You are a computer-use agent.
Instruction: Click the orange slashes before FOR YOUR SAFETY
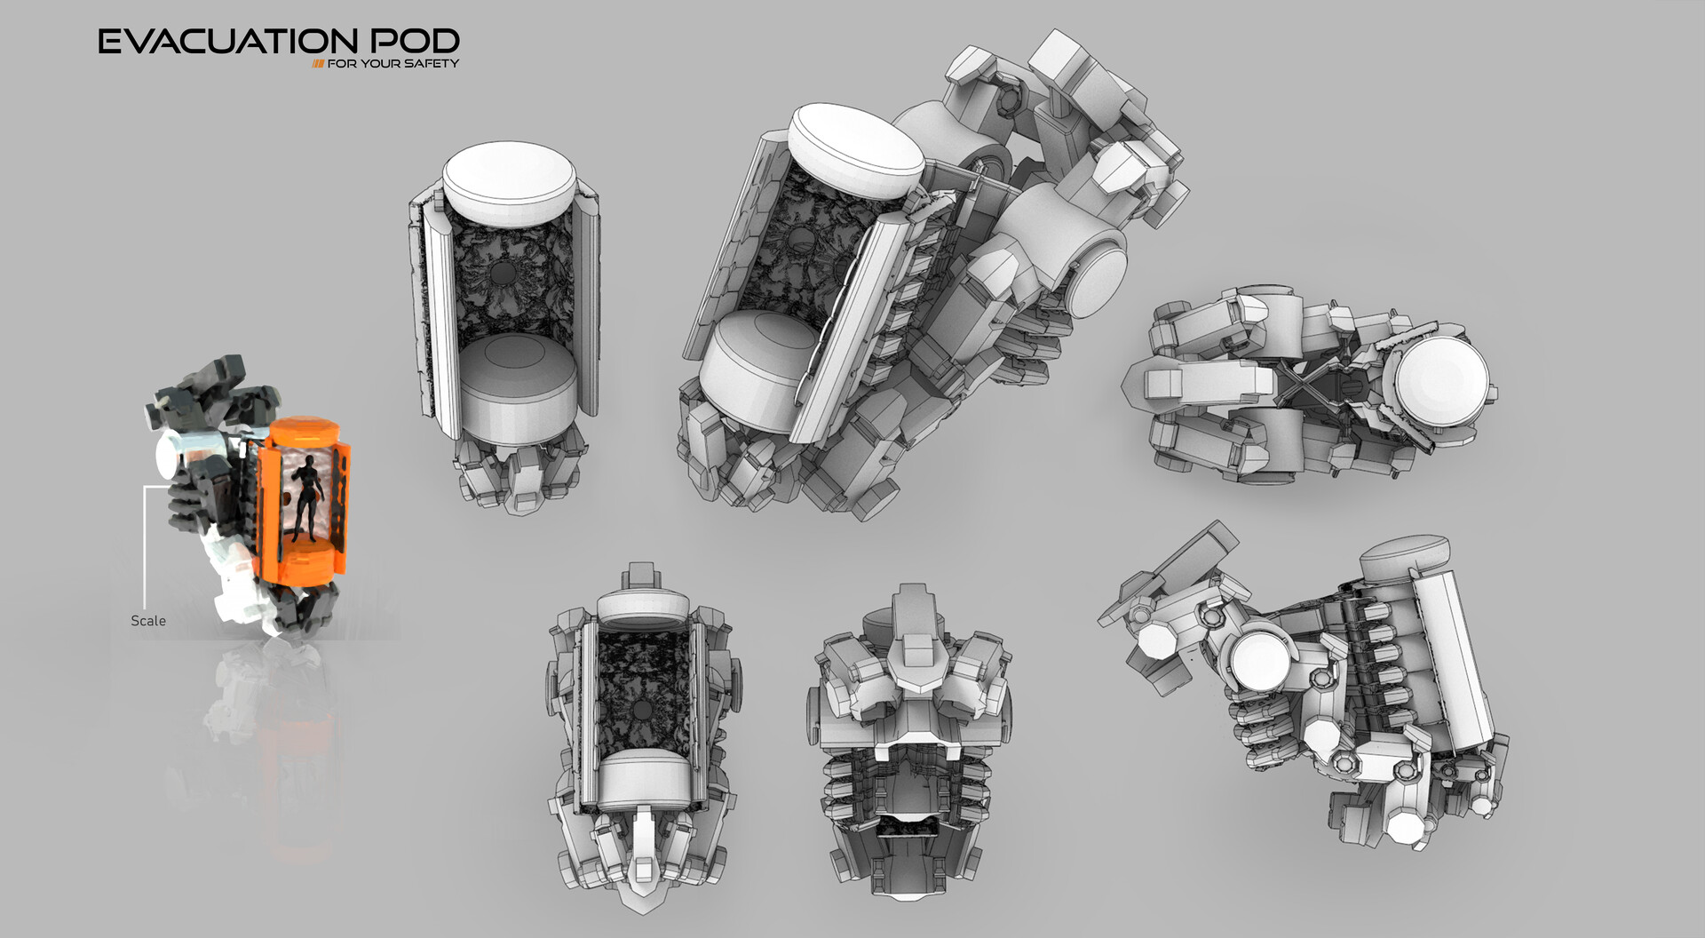(x=317, y=64)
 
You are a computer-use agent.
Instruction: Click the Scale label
(x=147, y=621)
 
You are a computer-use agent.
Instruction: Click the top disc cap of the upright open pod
(x=510, y=178)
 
